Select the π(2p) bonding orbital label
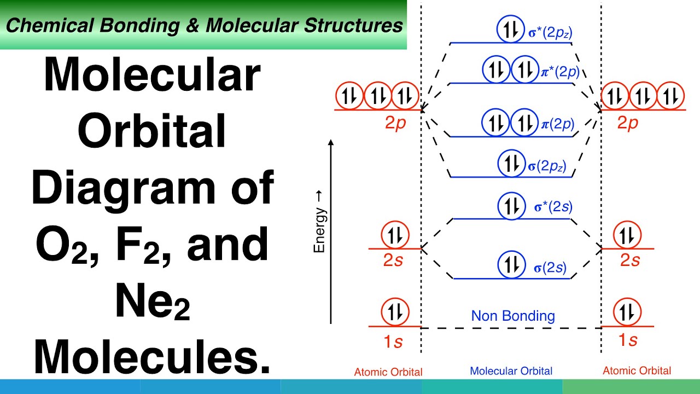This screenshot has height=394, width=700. click(557, 124)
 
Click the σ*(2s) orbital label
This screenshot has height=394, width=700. click(553, 207)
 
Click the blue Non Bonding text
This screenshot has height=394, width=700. click(513, 316)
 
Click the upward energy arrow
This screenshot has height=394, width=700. click(331, 230)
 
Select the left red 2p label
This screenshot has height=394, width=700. click(395, 124)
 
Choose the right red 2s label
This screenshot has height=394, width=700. click(629, 260)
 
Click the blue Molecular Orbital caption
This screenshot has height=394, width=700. click(511, 371)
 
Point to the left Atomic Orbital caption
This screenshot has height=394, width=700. click(388, 372)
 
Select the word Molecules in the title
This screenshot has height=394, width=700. click(153, 355)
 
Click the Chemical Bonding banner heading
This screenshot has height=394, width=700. click(204, 26)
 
